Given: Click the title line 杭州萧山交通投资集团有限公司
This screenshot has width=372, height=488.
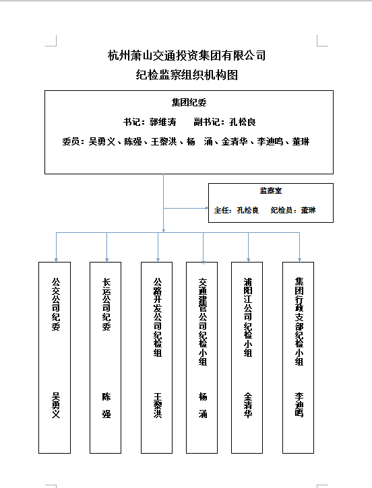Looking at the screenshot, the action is pos(187,55).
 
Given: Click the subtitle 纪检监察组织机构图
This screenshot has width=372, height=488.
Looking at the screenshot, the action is pos(187,75).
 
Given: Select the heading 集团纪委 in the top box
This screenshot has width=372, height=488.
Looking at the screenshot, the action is pos(189,102).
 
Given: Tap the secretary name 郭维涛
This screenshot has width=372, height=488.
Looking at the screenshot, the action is pos(163,122).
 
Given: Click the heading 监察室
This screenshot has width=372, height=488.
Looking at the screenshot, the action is pos(271,190).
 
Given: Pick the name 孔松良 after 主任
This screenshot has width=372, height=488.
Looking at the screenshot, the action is pos(248,210).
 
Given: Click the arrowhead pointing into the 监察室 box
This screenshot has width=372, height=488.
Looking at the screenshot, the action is pos(207,208).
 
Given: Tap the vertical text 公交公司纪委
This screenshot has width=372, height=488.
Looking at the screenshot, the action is pos(56,304).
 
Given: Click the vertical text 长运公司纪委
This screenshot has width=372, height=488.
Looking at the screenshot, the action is pos(106,304).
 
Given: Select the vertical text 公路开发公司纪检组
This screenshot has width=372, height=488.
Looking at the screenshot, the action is pos(158,317).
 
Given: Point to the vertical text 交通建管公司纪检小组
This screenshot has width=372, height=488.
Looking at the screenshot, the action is pos(203,322).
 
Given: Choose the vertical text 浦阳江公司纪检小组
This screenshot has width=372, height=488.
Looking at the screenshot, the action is pos(248,317).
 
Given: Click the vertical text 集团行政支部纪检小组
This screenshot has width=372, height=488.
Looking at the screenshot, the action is pos(299,322).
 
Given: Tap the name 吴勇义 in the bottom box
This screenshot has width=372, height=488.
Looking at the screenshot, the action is pos(56,405).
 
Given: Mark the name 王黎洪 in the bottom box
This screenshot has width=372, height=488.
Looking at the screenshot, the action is pos(158,405).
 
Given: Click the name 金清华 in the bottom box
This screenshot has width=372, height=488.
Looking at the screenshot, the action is pos(248,405).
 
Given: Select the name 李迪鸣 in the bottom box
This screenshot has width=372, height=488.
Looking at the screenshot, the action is pos(299,405).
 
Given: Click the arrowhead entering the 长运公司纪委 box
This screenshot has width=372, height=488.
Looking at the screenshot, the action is pos(107,260).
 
